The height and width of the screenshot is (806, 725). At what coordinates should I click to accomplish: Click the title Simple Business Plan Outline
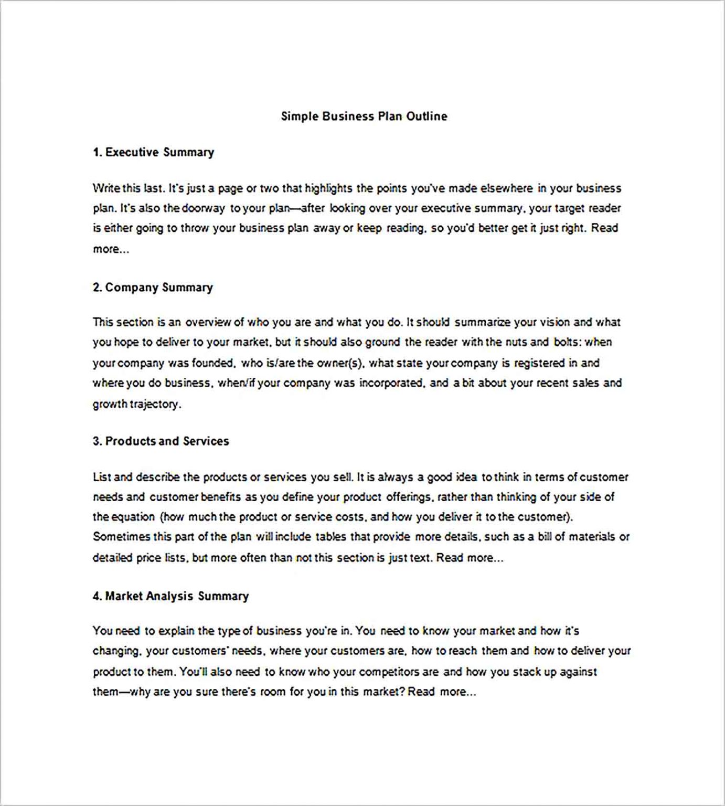(364, 116)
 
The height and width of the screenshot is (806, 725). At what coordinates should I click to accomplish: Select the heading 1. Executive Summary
(153, 152)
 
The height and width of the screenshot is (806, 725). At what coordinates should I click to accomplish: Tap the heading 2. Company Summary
(153, 288)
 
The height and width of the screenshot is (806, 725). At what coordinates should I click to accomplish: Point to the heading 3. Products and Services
(161, 441)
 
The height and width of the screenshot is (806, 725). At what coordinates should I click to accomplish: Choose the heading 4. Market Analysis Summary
(170, 596)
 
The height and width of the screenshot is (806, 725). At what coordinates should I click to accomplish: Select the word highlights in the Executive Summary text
(328, 188)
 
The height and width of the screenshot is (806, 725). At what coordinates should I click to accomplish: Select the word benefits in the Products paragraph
(221, 497)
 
